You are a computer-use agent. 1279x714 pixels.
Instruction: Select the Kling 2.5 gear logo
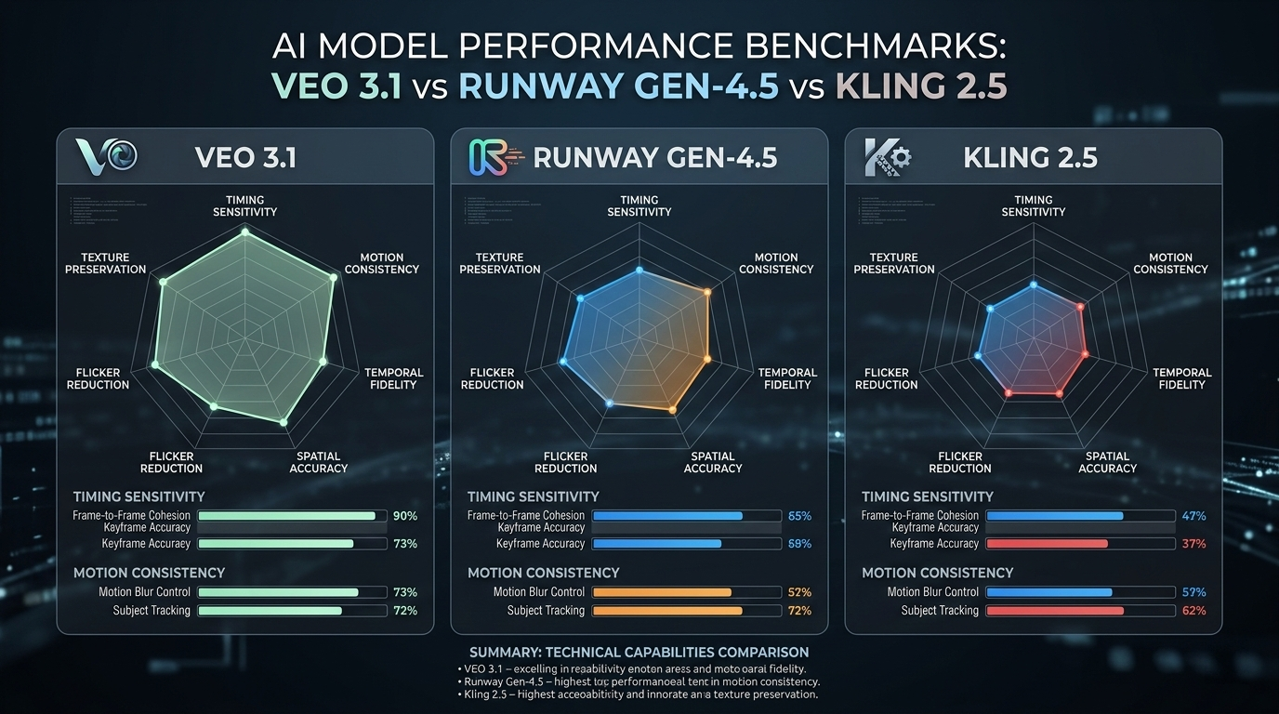[887, 156]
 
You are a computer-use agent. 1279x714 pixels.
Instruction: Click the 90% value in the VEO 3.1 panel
[405, 516]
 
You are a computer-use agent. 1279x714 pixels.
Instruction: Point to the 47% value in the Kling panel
[1193, 516]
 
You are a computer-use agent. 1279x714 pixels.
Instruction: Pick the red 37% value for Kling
[1193, 544]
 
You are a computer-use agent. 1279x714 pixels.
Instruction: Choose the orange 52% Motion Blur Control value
[799, 592]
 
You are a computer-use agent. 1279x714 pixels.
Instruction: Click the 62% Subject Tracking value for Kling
[1193, 611]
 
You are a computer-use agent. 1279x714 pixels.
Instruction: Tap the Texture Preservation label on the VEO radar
[105, 263]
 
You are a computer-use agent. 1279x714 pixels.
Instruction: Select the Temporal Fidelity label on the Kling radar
[1182, 378]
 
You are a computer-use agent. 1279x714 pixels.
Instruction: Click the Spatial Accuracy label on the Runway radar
[713, 462]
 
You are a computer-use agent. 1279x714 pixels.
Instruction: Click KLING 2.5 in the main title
[921, 86]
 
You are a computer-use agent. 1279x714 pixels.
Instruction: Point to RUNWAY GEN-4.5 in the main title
[619, 86]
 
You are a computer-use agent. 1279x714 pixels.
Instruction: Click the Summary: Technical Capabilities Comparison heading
[639, 652]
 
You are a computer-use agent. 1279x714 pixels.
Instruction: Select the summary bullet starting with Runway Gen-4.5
[639, 681]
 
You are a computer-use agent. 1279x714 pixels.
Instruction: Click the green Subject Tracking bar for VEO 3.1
[270, 611]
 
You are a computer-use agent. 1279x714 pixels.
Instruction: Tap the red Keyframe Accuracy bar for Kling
[1047, 544]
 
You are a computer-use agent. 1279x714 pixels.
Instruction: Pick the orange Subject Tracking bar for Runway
[667, 611]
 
